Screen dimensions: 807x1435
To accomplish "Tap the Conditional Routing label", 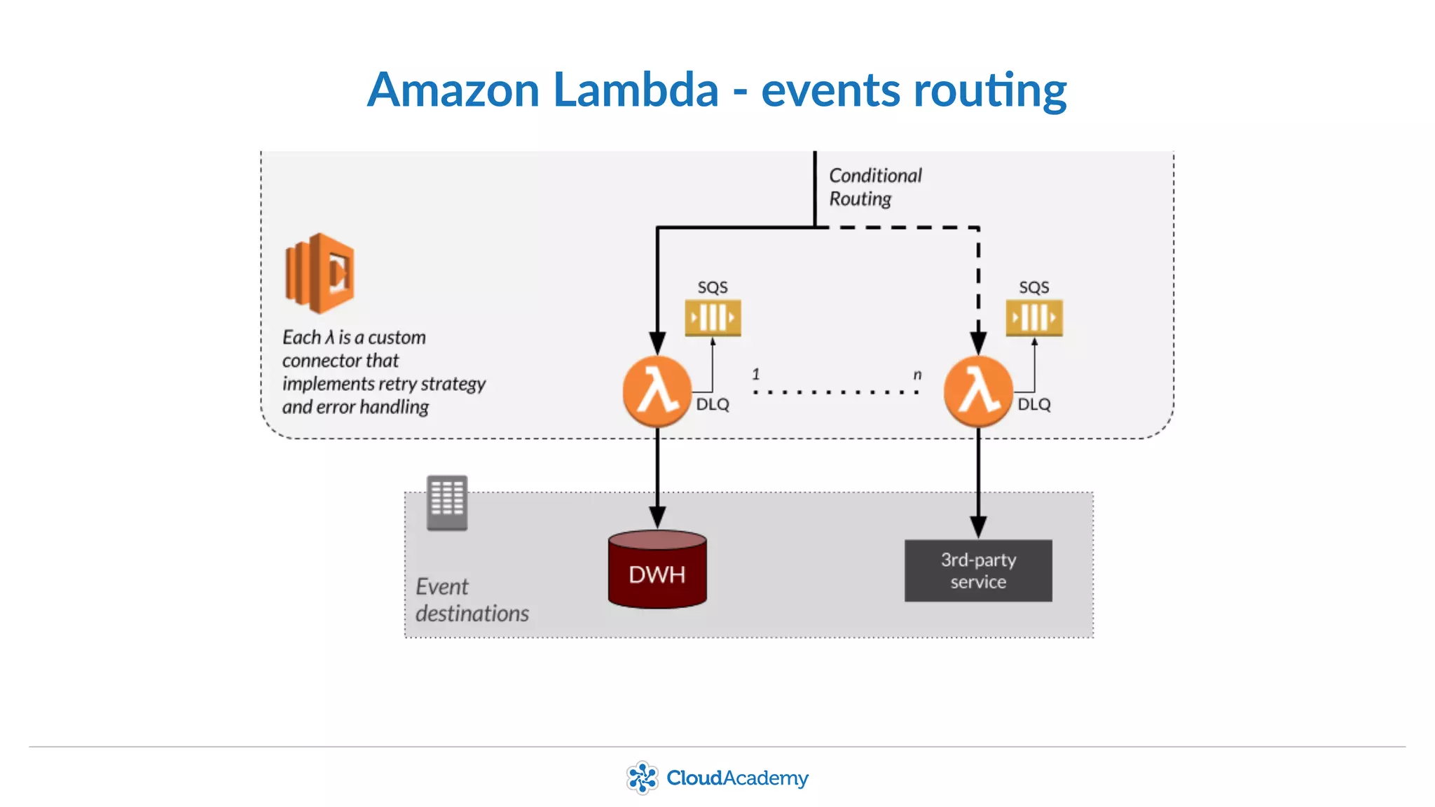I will tap(874, 187).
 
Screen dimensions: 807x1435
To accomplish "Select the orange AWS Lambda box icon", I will tap(320, 273).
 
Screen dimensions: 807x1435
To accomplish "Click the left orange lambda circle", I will tap(657, 391).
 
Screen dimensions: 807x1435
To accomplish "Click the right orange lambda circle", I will tap(978, 391).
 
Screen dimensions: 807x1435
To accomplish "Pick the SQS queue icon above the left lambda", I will tap(713, 317).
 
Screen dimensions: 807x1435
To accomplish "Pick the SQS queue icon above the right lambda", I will tap(1034, 317).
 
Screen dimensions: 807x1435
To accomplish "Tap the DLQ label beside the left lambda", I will tap(713, 405).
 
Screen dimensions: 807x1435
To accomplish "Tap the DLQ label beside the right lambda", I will tap(1034, 405).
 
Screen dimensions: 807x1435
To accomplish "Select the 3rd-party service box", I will tap(978, 570).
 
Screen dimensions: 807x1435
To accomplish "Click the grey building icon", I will tap(447, 502).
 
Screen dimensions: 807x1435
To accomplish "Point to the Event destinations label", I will tap(471, 600).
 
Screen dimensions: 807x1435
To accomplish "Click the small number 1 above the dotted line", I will tap(755, 374).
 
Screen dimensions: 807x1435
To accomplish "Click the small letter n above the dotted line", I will tap(917, 375).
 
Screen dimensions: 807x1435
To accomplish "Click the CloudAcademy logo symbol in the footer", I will tap(642, 778).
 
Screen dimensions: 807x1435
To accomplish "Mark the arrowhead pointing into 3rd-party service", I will tap(978, 527).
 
